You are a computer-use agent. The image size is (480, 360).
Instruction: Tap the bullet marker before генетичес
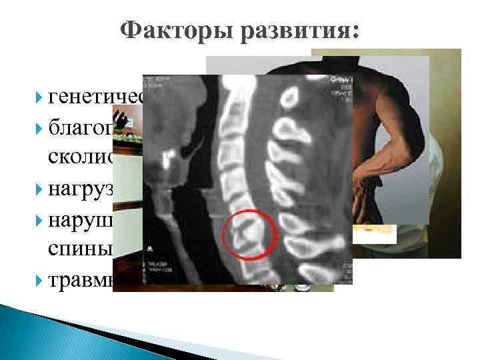click(x=39, y=99)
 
